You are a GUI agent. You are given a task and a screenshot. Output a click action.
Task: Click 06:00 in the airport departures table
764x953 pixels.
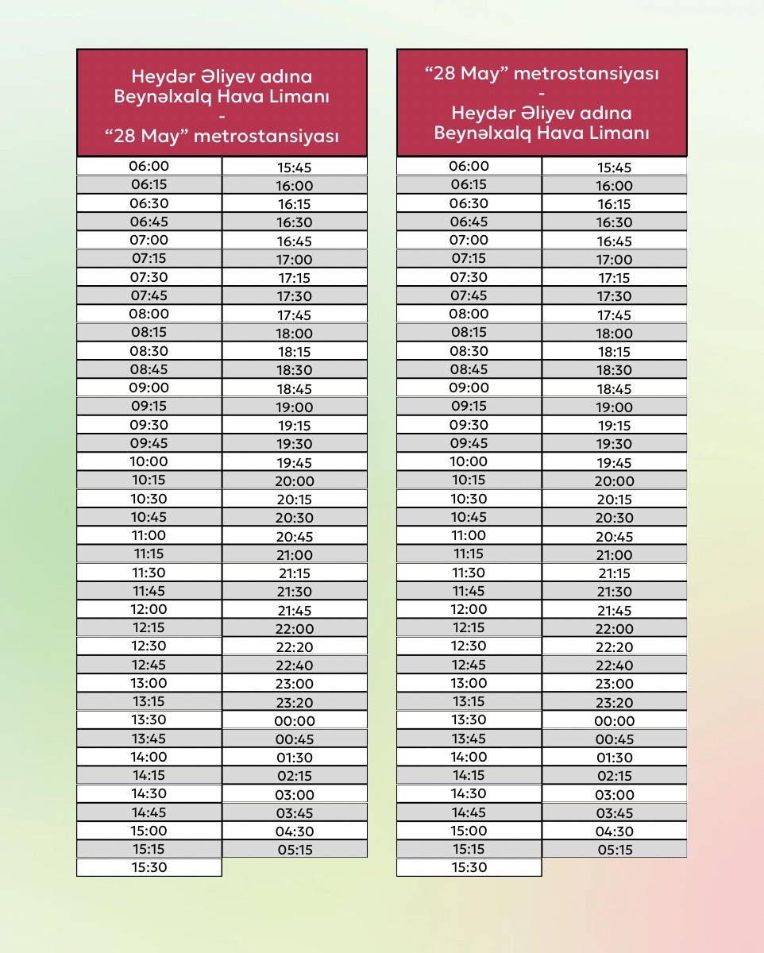(x=149, y=166)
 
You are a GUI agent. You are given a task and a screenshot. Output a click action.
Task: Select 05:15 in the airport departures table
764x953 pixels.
(x=295, y=850)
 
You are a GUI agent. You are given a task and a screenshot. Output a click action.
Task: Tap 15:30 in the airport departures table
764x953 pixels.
(x=149, y=867)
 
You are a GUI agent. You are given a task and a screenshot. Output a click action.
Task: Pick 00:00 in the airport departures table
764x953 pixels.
(x=295, y=721)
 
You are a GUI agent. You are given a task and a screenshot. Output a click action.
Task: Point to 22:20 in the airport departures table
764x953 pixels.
(x=295, y=647)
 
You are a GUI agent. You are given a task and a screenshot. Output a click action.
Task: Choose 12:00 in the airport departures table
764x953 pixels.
(x=149, y=609)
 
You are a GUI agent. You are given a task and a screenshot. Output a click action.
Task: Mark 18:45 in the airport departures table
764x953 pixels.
(x=295, y=389)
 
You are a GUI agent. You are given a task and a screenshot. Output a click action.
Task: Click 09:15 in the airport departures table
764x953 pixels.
(x=149, y=406)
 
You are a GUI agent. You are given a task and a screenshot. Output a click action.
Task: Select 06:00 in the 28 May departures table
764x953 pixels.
(x=469, y=166)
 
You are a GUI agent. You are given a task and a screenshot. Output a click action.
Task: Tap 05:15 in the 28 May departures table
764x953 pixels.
(x=615, y=850)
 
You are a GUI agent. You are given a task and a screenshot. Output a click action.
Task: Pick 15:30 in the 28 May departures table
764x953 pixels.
(x=469, y=867)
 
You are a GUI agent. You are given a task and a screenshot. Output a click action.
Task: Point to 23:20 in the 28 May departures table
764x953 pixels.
(x=615, y=703)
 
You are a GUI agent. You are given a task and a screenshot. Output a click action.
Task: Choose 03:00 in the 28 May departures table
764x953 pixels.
(x=615, y=795)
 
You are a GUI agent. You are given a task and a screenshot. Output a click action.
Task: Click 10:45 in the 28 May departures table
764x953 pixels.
(x=469, y=517)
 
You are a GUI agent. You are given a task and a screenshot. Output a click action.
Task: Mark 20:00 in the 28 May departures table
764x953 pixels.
(x=615, y=481)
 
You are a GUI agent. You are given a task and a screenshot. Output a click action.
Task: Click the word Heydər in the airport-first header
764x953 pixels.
(x=159, y=78)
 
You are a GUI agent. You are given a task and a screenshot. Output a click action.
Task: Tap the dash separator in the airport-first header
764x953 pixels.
(x=222, y=117)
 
